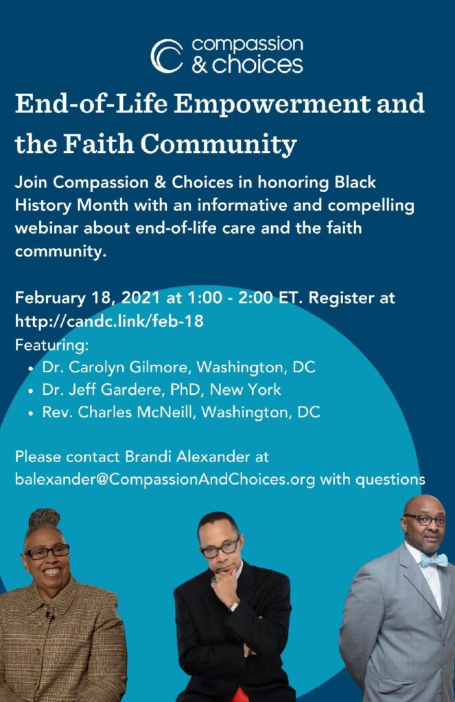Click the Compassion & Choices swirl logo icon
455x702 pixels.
point(167,56)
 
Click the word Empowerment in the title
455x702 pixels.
point(272,104)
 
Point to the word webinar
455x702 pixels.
point(47,228)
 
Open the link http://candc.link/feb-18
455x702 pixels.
point(109,321)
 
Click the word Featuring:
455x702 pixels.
point(52,346)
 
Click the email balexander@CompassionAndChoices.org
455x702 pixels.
point(165,479)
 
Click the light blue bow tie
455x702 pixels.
point(434,560)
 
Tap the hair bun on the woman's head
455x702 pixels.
point(44,518)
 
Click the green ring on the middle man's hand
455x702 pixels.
point(214,579)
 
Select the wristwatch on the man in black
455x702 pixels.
point(233,607)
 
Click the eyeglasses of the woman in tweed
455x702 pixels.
point(47,553)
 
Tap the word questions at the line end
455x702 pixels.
point(390,479)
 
